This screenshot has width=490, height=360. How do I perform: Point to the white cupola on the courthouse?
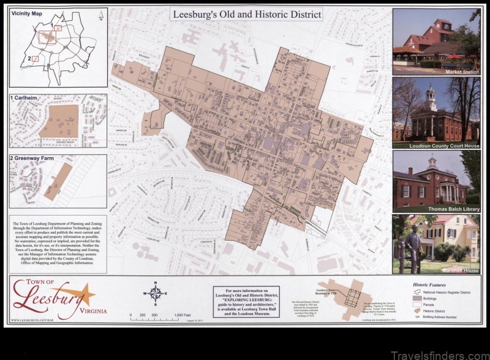click(431, 94)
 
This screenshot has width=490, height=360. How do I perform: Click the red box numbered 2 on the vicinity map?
click(36, 59)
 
